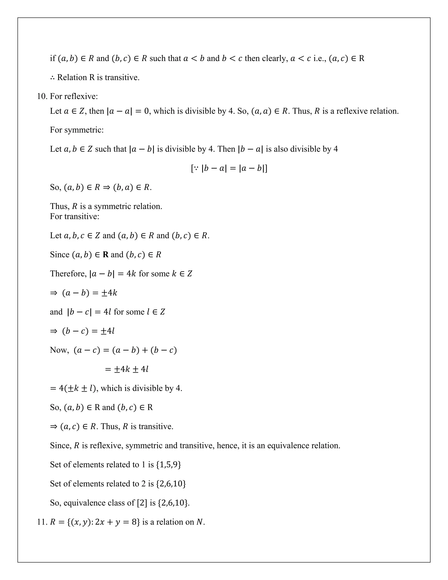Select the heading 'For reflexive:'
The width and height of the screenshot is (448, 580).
coord(74,96)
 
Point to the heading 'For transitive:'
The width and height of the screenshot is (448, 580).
coord(75,216)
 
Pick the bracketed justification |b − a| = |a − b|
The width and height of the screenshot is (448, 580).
coord(229,168)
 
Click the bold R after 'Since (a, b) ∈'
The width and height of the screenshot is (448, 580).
coord(106,255)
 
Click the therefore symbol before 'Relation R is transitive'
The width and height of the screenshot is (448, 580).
coord(52,77)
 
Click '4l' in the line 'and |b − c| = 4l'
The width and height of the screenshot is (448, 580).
coord(107,312)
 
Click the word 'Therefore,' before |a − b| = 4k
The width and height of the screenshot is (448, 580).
coord(68,274)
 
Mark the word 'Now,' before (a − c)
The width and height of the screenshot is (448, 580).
coord(59,350)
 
